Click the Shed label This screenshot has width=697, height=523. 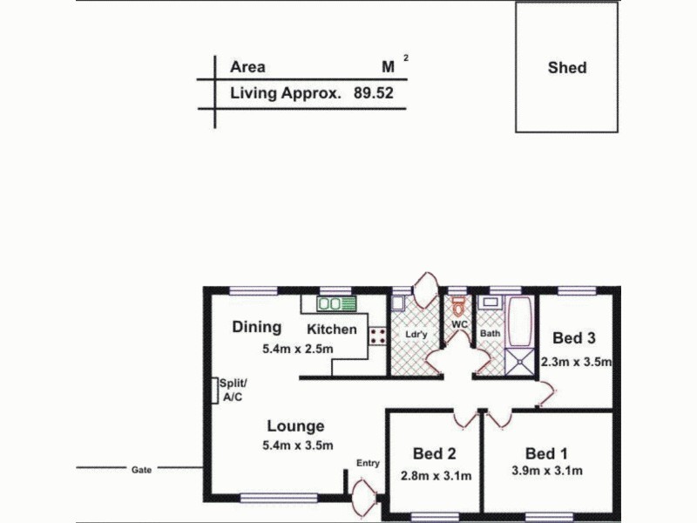pos(567,67)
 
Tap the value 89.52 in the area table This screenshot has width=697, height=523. pos(374,91)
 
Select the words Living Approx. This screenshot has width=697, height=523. pos(285,91)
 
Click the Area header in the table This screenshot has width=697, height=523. pos(247,67)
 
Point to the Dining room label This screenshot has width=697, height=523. pos(257,327)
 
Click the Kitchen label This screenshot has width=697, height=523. pos(331,329)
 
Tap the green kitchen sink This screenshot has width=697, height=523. pos(336,304)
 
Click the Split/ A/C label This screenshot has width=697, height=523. pos(233,390)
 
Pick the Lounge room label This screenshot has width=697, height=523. pos(295,426)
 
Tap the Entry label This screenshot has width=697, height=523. pos(368,463)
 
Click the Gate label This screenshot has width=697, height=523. pos(142,469)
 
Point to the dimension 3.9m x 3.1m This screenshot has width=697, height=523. pos(547,472)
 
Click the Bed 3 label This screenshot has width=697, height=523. pos(574,338)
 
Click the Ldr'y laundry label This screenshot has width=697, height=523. pos(416,334)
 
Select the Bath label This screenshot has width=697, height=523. pos(490,333)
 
